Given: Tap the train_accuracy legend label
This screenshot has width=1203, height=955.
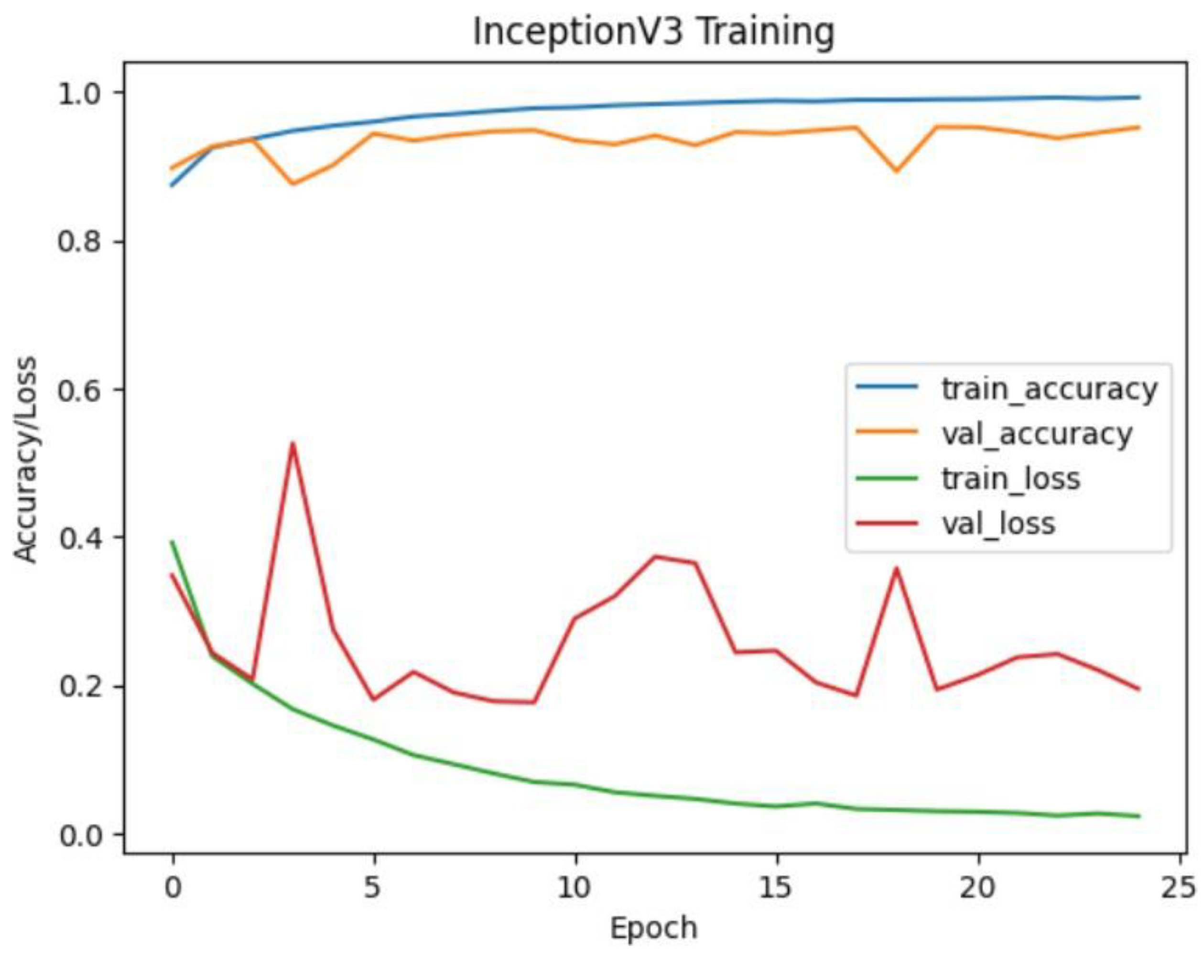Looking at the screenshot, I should (1049, 389).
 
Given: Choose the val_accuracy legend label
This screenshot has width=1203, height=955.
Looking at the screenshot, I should (1037, 434).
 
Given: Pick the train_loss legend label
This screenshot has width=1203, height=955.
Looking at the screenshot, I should (1010, 478).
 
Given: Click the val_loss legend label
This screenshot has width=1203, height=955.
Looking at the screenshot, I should (998, 523).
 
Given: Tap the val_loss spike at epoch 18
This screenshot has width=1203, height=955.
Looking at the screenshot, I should (897, 568).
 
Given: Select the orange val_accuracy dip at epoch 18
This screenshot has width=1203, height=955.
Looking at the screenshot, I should (897, 171).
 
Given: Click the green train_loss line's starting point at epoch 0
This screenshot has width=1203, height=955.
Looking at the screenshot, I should (173, 541).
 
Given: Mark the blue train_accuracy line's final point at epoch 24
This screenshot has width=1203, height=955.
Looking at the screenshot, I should (1138, 97).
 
